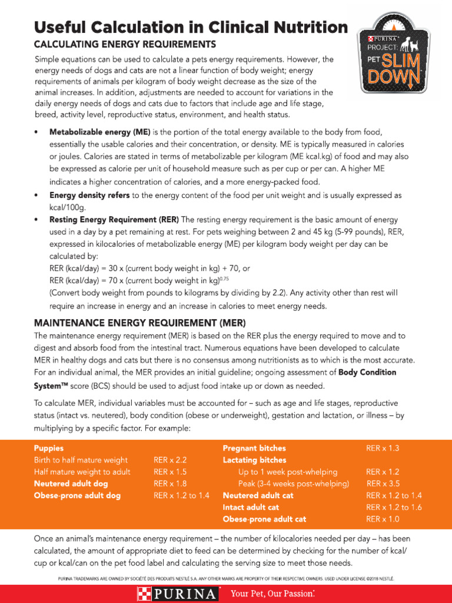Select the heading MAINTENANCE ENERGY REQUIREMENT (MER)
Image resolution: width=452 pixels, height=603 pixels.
click(x=140, y=323)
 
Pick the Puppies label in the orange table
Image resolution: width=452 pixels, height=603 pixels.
click(x=49, y=448)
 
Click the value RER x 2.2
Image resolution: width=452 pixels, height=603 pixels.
click(x=170, y=460)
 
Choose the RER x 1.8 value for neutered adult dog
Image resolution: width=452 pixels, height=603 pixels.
click(x=170, y=483)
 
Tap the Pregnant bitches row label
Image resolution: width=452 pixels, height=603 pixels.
click(x=254, y=448)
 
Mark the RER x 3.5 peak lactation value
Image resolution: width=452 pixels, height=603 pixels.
click(x=384, y=483)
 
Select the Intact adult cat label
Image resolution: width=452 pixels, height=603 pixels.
click(x=251, y=507)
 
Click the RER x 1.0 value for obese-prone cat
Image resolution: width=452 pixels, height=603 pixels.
click(x=383, y=519)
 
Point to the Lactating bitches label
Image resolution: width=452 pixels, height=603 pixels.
click(x=254, y=460)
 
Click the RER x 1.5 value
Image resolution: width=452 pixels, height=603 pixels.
click(x=170, y=472)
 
